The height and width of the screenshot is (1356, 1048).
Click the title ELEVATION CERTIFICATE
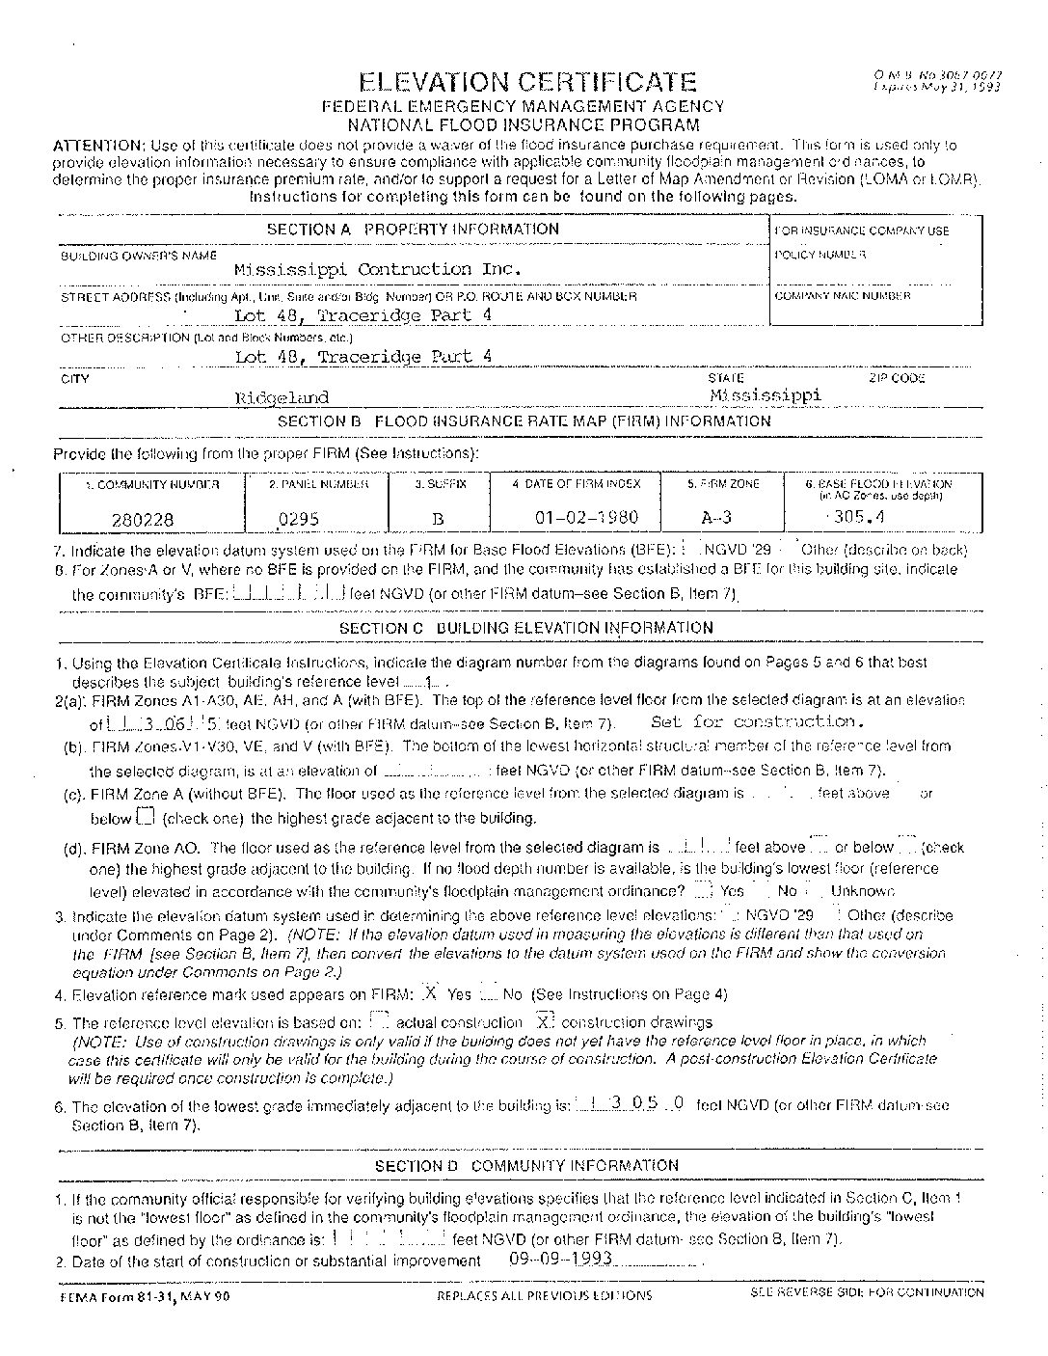pos(525,82)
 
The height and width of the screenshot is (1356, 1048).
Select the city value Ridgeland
pos(282,397)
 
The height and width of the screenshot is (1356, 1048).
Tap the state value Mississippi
pos(766,394)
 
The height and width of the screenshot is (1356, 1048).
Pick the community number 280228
pos(143,519)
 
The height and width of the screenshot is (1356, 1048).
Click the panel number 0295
pos(298,519)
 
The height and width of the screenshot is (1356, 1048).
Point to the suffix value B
pos(438,519)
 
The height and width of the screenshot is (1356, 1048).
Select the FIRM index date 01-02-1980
pos(586,517)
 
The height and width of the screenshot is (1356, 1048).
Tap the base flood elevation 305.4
pos(858,516)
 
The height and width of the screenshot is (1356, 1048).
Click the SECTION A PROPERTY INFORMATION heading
pos(413,230)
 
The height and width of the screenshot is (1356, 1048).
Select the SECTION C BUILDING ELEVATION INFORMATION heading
pos(526,628)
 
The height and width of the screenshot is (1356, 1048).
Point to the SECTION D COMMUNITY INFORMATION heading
pos(526,1166)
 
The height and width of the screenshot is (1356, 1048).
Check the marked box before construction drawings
pos(546,1021)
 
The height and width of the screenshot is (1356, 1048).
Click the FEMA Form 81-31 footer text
pos(142,1296)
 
